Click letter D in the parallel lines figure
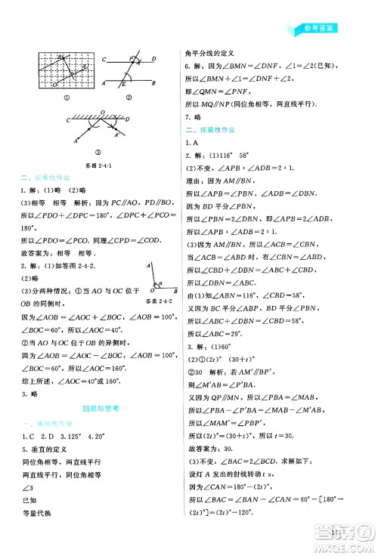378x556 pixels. pos(154,59)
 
